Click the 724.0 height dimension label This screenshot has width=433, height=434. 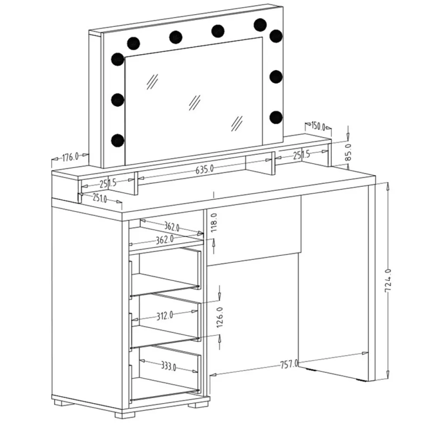pyautogui.click(x=388, y=281)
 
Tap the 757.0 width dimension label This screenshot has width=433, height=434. pyautogui.click(x=289, y=364)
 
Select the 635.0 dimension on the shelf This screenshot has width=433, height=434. pyautogui.click(x=205, y=169)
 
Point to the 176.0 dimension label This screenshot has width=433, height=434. pyautogui.click(x=70, y=157)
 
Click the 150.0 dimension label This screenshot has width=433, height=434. pyautogui.click(x=318, y=126)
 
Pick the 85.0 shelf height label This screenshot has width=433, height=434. pyautogui.click(x=348, y=152)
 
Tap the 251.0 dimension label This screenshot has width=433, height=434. pyautogui.click(x=100, y=198)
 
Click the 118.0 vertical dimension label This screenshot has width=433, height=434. pyautogui.click(x=214, y=222)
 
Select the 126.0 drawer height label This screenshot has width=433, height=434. pyautogui.click(x=220, y=317)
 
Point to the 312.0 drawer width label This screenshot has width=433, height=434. pyautogui.click(x=165, y=315)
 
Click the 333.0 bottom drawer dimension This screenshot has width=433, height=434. pyautogui.click(x=169, y=366)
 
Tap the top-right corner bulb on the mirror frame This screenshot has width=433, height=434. pyautogui.click(x=276, y=36)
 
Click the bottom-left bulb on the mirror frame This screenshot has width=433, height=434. pyautogui.click(x=117, y=140)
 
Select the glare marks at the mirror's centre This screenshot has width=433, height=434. pyautogui.click(x=195, y=103)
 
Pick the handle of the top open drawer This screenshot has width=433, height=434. pyautogui.click(x=130, y=279)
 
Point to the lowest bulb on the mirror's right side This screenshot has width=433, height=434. pyautogui.click(x=276, y=117)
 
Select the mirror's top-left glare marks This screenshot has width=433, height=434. pyautogui.click(x=152, y=82)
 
